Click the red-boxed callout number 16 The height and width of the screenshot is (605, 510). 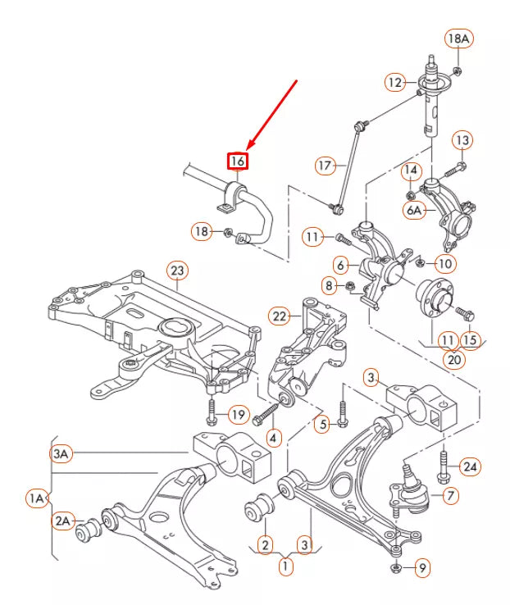pos(237,161)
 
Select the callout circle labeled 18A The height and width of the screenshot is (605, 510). pos(458,38)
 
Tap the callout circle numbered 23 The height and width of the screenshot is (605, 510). pos(177,270)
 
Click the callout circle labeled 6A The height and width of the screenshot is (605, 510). pos(415,209)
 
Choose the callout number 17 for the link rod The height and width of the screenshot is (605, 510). pos(326,166)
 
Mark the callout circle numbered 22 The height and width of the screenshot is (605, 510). pos(281,316)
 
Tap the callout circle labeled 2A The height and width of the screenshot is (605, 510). pos(64,520)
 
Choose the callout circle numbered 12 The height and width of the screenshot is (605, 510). pos(396,81)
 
